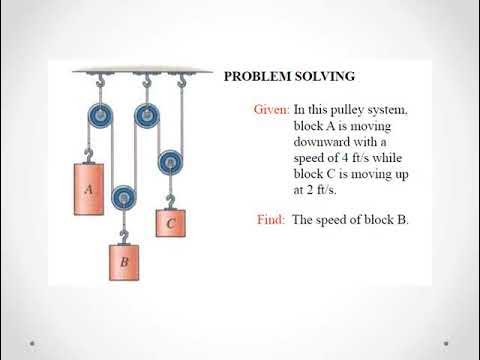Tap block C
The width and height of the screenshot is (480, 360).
coord(170,223)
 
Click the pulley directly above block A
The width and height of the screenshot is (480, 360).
coord(100,116)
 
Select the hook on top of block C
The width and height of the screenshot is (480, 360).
coord(171,199)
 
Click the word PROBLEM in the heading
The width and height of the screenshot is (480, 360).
coord(256,75)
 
